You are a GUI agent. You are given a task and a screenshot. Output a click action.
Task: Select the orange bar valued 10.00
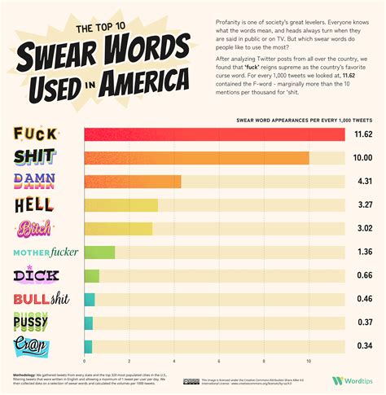pos(196,158)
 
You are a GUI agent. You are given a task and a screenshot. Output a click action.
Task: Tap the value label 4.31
pos(362,182)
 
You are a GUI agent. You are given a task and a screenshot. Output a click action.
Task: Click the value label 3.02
pos(362,229)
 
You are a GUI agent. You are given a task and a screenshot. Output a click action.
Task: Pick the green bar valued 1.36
pos(99,252)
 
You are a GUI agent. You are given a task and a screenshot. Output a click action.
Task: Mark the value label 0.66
pos(362,276)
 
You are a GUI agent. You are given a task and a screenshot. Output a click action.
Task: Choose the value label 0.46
pos(362,300)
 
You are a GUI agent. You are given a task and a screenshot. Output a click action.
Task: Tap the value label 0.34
pos(362,347)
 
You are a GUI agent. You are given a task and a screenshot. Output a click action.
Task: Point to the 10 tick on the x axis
pos(309,361)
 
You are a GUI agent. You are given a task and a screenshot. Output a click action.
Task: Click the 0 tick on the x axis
pos(85,361)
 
